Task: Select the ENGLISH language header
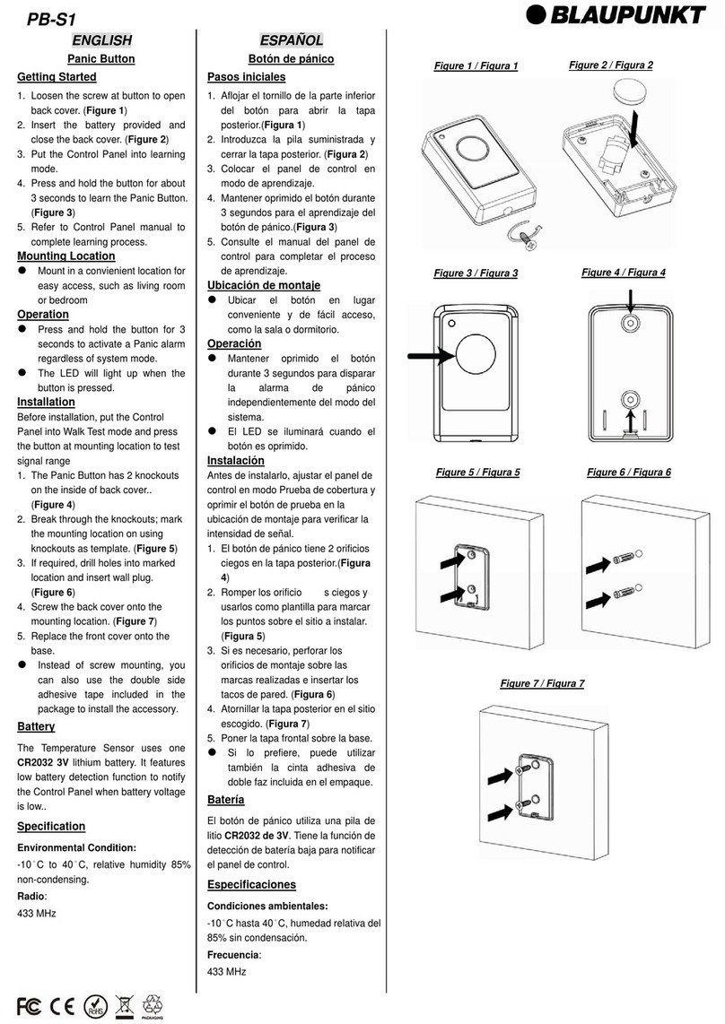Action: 101,39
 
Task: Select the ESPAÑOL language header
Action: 291,40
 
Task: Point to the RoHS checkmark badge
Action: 95,1003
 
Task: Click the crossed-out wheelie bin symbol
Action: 125,1003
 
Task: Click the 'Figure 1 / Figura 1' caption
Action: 476,66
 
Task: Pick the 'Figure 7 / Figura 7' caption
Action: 542,684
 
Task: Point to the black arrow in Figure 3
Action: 429,357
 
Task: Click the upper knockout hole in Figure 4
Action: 630,324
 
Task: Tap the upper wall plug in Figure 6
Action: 620,561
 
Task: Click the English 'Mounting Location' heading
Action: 66,256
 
